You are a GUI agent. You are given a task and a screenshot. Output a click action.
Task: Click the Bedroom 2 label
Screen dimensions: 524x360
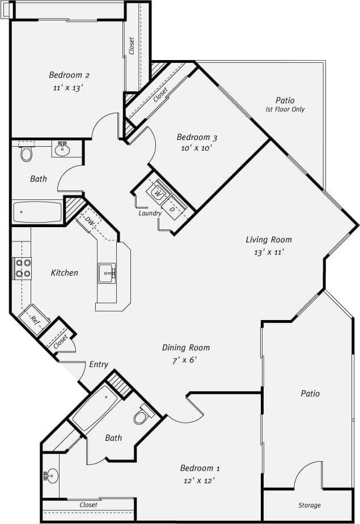tap(69, 75)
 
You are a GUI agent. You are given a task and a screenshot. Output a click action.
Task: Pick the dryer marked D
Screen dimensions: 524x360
tap(172, 209)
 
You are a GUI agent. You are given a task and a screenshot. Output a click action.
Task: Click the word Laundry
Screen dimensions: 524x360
tap(150, 214)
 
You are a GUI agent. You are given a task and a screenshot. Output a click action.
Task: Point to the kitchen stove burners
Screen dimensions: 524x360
tap(23, 268)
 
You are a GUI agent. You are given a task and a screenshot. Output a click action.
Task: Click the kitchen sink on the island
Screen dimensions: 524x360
tap(107, 273)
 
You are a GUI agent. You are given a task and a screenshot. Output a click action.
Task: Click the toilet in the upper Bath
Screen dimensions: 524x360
tap(26, 153)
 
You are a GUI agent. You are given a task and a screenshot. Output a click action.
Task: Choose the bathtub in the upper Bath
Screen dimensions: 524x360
tap(37, 212)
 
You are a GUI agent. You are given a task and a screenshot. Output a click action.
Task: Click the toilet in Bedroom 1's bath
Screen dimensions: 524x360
tap(142, 416)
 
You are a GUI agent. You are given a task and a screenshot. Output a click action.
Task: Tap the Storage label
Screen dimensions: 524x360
tap(310, 505)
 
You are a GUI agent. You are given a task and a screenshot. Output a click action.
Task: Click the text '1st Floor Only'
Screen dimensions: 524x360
tap(285, 109)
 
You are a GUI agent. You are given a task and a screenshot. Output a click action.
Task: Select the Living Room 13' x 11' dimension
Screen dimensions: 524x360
tap(269, 252)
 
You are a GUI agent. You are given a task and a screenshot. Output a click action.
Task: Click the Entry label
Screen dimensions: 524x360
tap(99, 364)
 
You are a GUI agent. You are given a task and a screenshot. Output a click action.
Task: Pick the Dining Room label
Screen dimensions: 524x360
tap(186, 347)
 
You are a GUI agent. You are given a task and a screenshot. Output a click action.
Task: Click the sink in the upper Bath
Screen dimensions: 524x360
tap(62, 150)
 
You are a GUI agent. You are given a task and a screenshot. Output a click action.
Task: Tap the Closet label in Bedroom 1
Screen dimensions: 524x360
tap(88, 504)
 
